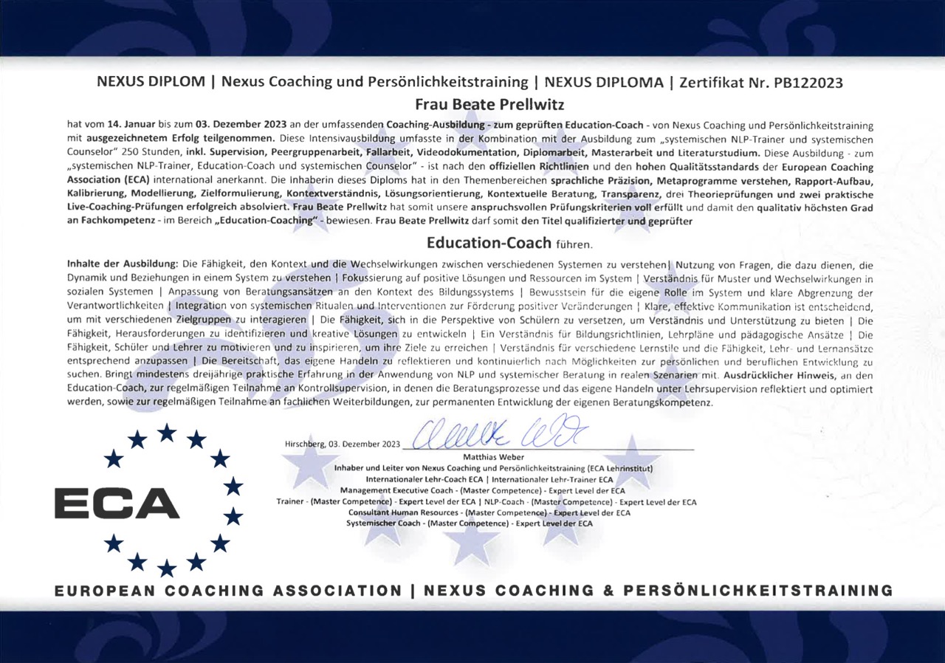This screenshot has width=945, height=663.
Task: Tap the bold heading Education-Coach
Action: click(x=489, y=242)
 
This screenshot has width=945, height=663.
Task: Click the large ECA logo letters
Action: click(x=117, y=504)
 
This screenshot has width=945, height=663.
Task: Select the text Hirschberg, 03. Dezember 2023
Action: click(x=342, y=444)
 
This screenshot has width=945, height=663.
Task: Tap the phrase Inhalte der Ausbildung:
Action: click(x=123, y=264)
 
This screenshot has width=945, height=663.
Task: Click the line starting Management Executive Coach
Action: click(x=482, y=490)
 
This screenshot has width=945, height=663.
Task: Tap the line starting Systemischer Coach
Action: click(x=470, y=523)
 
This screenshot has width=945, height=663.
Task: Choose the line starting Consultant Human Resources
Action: click(x=489, y=512)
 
